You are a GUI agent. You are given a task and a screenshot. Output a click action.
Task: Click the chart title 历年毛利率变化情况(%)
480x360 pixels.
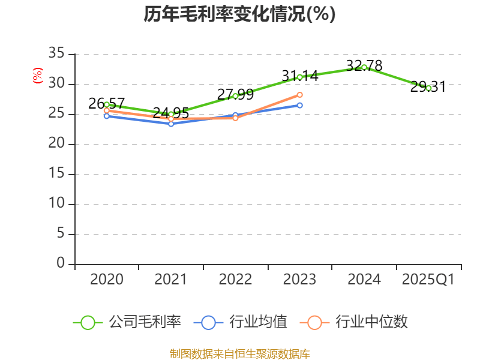(x=239, y=14)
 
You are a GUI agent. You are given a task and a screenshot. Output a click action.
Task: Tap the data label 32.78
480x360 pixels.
(x=364, y=65)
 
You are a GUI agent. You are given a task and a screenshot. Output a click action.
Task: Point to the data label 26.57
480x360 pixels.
(x=107, y=103)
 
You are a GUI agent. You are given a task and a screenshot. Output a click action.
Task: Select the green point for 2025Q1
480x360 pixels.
(x=428, y=88)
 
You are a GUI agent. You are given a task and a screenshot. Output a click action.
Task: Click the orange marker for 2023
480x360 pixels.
(x=300, y=95)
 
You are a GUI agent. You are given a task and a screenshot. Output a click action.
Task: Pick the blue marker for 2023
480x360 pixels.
(x=300, y=105)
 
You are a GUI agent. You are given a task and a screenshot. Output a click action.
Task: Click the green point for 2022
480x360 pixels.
(x=235, y=96)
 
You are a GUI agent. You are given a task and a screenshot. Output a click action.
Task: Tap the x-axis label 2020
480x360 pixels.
(x=107, y=279)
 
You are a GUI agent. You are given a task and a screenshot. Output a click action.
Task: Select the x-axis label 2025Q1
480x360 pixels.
(x=428, y=279)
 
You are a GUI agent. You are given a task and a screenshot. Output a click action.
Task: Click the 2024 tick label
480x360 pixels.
(x=364, y=279)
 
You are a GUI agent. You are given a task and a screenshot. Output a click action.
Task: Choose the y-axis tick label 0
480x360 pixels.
(x=60, y=263)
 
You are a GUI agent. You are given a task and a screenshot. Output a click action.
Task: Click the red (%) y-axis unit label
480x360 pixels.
(x=38, y=76)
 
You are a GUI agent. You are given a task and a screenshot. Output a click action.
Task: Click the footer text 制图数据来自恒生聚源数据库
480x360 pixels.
(x=239, y=353)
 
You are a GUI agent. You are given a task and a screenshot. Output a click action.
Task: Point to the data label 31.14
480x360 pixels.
(x=300, y=76)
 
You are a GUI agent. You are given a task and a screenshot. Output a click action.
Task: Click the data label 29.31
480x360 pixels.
(x=428, y=87)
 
